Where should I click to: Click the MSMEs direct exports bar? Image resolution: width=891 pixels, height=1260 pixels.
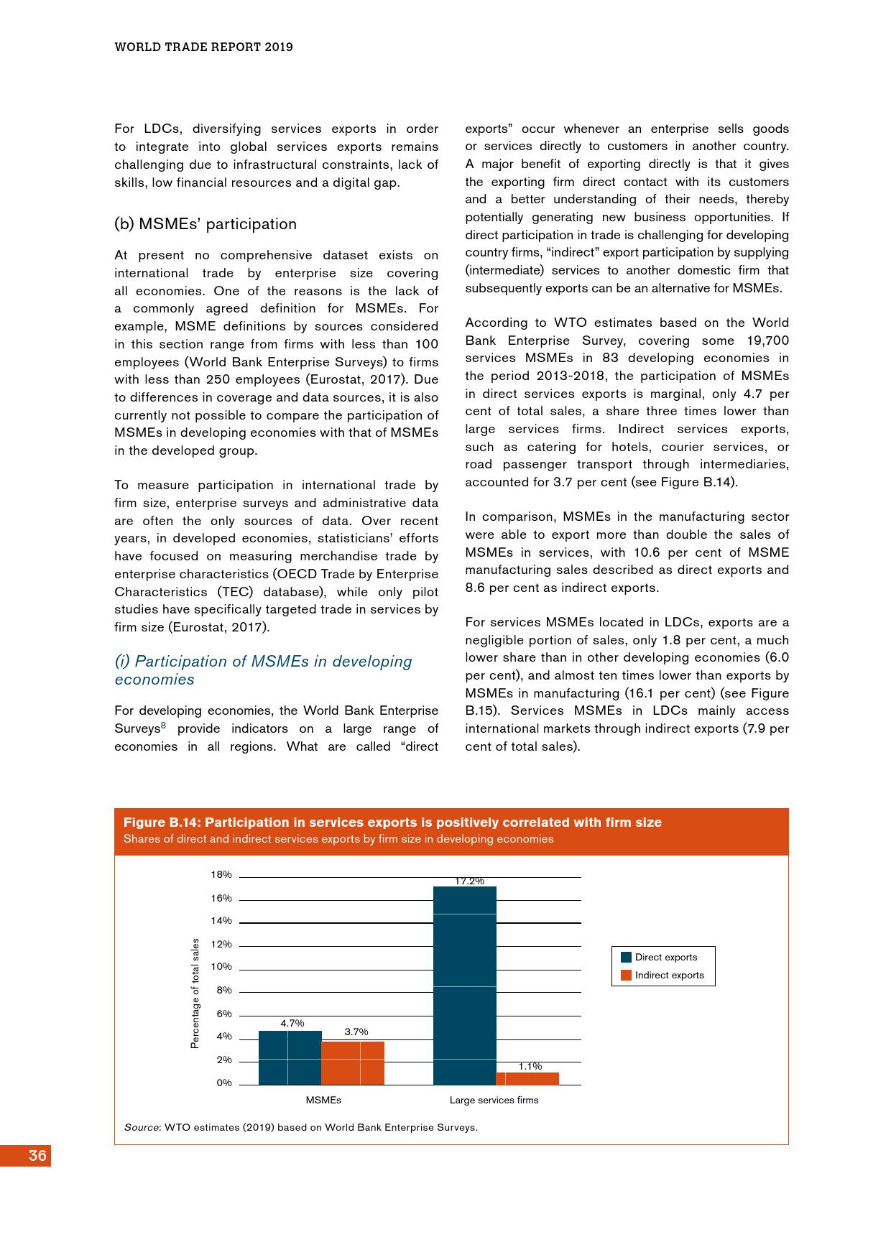pos(290,1057)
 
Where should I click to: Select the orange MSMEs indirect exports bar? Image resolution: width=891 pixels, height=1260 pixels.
pos(353,1062)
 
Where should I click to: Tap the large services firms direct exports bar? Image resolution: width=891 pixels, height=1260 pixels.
pos(465,986)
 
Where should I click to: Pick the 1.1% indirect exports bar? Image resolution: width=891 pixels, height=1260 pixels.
pos(527,1078)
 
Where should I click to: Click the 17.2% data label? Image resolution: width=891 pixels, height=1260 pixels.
pos(469,881)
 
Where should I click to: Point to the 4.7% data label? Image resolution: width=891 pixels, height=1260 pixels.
pos(292,1023)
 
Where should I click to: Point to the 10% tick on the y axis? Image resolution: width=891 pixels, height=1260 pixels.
pos(221,967)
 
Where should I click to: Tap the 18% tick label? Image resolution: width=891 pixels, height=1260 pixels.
pos(221,874)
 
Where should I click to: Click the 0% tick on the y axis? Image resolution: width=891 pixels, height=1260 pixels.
pos(224,1083)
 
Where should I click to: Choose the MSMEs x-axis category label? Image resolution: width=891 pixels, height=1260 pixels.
pos(323,1100)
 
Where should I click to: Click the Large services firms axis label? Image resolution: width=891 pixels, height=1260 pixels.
pos(494,1100)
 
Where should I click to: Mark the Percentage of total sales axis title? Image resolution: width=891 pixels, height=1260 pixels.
pos(195,993)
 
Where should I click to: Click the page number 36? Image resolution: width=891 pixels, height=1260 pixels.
pos(37,1155)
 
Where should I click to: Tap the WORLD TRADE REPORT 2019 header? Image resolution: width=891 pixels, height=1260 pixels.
pos(204,47)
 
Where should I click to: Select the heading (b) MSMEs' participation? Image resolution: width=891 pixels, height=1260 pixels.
pos(206,224)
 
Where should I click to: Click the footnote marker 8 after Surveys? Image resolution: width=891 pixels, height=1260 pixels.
pos(163,726)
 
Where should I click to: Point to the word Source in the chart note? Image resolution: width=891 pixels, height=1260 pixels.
pos(142,1127)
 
